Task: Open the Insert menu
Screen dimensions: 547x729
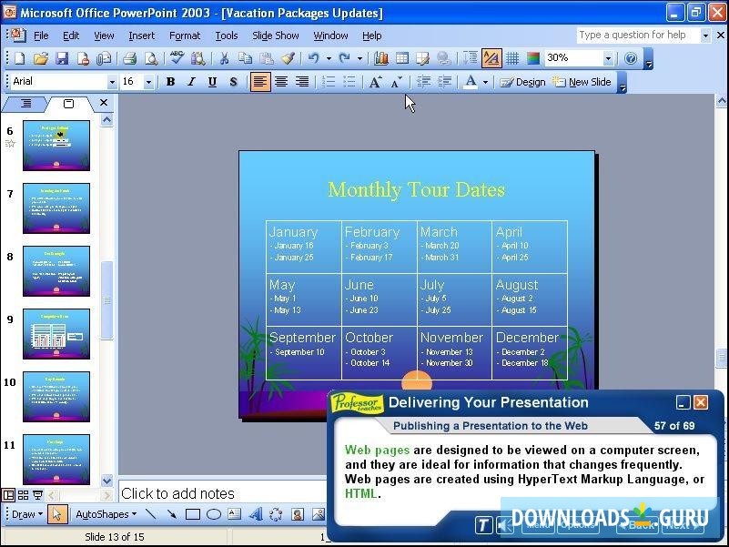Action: coord(141,35)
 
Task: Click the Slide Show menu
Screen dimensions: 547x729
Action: coord(275,35)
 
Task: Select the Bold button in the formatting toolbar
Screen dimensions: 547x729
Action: coord(170,82)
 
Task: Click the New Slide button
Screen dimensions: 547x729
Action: coord(582,82)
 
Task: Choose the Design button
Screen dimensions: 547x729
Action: coord(523,82)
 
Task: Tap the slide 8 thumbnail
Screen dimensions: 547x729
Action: coord(56,271)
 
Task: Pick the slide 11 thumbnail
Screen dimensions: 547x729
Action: coord(56,459)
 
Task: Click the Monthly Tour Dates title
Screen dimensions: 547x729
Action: coord(416,189)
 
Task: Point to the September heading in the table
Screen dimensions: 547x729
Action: coord(302,338)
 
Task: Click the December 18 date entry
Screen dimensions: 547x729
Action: coord(525,363)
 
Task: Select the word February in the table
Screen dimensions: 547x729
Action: coord(371,232)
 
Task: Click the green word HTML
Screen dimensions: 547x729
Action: coord(360,494)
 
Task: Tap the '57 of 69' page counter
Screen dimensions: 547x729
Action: coord(673,426)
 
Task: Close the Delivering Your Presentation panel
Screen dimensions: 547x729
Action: coord(701,402)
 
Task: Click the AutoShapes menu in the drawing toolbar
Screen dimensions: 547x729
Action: coord(105,514)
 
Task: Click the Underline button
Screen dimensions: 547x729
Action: coord(212,82)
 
